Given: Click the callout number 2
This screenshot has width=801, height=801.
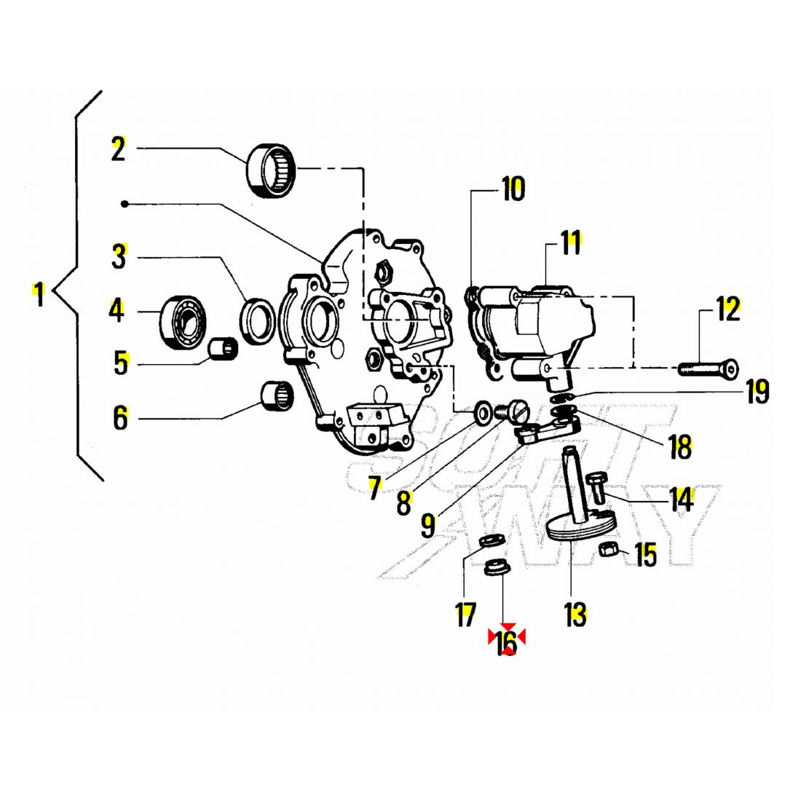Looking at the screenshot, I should [x=118, y=149].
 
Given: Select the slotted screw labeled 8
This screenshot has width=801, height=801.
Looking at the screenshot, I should [x=513, y=411].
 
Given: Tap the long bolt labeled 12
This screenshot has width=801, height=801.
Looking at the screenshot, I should [x=707, y=368].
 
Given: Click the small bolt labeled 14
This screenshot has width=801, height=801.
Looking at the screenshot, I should [x=596, y=486].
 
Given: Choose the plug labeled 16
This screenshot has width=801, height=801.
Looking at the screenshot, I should [x=496, y=567].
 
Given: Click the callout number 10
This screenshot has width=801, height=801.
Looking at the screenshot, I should [x=512, y=189].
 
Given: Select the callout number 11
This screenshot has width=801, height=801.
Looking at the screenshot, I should [x=571, y=242].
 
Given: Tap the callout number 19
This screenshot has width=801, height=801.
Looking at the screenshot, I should [x=757, y=392].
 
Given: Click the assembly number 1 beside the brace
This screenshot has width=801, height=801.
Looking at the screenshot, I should [x=39, y=295].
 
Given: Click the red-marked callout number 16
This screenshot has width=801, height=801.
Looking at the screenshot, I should [x=506, y=641].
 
